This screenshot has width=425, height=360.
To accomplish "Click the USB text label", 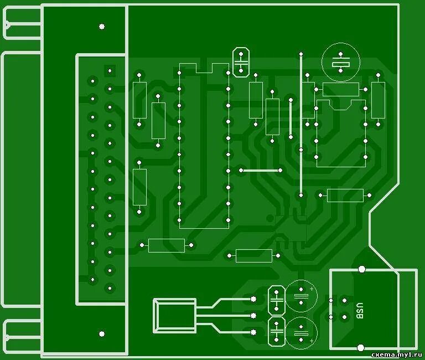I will [x=359, y=310].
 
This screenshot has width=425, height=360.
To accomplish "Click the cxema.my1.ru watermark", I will [x=397, y=354].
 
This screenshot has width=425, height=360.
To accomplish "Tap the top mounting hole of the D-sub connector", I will [x=101, y=26].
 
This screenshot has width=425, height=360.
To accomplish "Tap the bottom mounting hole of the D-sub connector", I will [x=101, y=334].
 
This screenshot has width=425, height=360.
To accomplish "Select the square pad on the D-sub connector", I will [x=110, y=71].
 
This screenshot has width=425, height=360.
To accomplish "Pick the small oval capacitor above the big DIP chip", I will [x=241, y=62].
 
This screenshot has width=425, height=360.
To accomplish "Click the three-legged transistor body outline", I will [x=174, y=315].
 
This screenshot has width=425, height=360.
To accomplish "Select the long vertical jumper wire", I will [x=301, y=125].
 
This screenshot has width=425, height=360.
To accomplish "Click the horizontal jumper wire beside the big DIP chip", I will [x=260, y=170].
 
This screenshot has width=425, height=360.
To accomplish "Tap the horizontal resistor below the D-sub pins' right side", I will [x=167, y=245].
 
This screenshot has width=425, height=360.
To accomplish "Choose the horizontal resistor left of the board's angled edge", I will [x=345, y=195].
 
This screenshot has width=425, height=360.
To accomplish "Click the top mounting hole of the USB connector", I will [x=361, y=269].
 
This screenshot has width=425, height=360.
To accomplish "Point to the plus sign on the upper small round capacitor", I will [x=312, y=289].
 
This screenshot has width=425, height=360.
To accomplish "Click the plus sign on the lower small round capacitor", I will [x=312, y=341].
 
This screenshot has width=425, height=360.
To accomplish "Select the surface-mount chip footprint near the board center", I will [x=292, y=228].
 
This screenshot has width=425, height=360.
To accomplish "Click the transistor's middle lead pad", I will [x=253, y=316].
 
